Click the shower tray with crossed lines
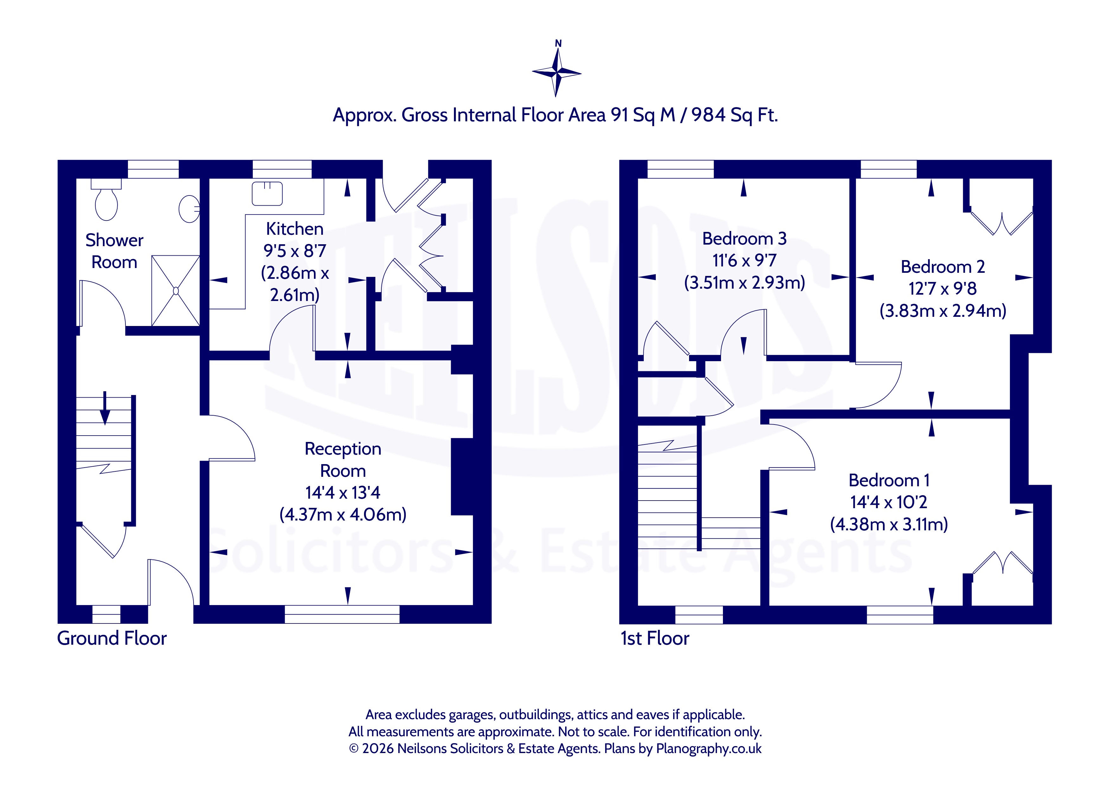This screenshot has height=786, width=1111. point(176,291)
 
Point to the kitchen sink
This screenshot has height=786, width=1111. point(267,193)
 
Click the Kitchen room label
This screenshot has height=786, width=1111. point(295,228)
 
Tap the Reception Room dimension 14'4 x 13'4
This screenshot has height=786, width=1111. point(342,493)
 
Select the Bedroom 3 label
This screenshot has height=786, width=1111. point(744,239)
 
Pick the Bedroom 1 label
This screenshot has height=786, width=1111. point(889,480)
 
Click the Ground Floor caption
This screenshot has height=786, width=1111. point(112,638)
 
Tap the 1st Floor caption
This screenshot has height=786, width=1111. point(655,638)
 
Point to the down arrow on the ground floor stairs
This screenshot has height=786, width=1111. point(105,408)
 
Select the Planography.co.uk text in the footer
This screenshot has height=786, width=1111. point(708,749)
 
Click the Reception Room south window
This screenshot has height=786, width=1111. point(342,614)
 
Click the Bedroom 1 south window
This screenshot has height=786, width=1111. point(900,614)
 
